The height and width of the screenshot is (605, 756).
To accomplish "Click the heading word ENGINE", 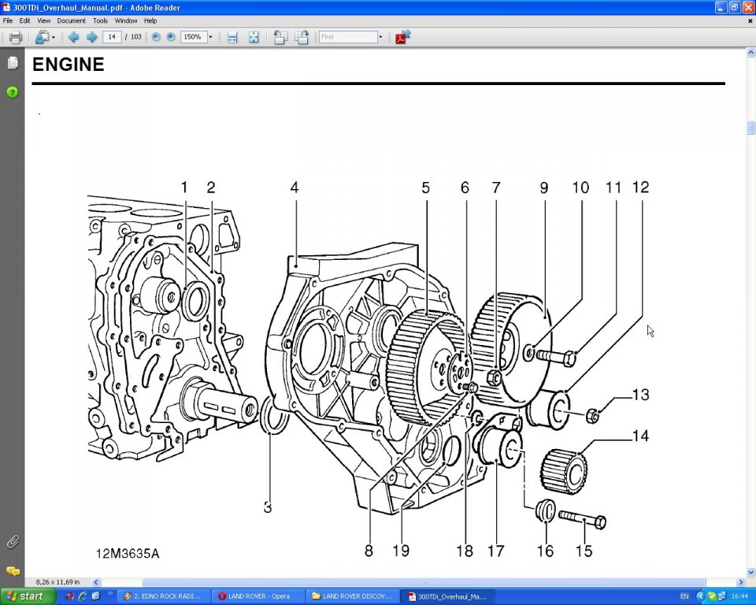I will click(x=68, y=65).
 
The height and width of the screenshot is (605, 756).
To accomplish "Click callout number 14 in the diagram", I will click(x=640, y=436).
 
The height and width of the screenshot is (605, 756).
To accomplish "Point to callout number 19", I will click(x=401, y=551).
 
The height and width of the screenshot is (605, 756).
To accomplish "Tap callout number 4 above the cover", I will click(x=294, y=187).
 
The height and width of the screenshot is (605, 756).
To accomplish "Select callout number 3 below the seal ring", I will click(x=268, y=508).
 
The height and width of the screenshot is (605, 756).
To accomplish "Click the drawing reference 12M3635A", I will click(x=128, y=554).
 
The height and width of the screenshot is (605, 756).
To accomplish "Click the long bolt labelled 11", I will click(x=556, y=357).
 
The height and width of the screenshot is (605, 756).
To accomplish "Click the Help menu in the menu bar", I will click(x=150, y=20).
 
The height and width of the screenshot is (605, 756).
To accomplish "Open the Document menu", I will click(x=71, y=20).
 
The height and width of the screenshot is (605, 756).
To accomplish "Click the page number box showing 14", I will click(x=112, y=37).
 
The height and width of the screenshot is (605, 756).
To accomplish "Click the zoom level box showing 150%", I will click(x=193, y=37).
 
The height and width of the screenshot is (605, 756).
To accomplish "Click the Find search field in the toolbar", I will click(x=348, y=37).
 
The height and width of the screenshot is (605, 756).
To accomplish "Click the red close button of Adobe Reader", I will click(x=747, y=7).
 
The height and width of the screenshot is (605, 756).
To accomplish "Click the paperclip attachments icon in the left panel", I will click(x=13, y=542).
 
